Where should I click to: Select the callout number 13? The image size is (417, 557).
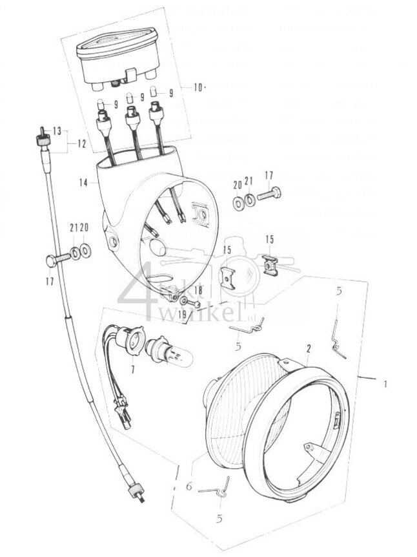click(x=57, y=131)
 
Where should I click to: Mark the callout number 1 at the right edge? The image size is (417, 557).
click(x=385, y=384)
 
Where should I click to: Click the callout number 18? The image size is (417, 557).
click(x=198, y=291)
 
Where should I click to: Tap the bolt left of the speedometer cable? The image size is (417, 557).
click(x=56, y=260)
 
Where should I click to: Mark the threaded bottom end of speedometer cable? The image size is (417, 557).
click(x=137, y=494)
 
